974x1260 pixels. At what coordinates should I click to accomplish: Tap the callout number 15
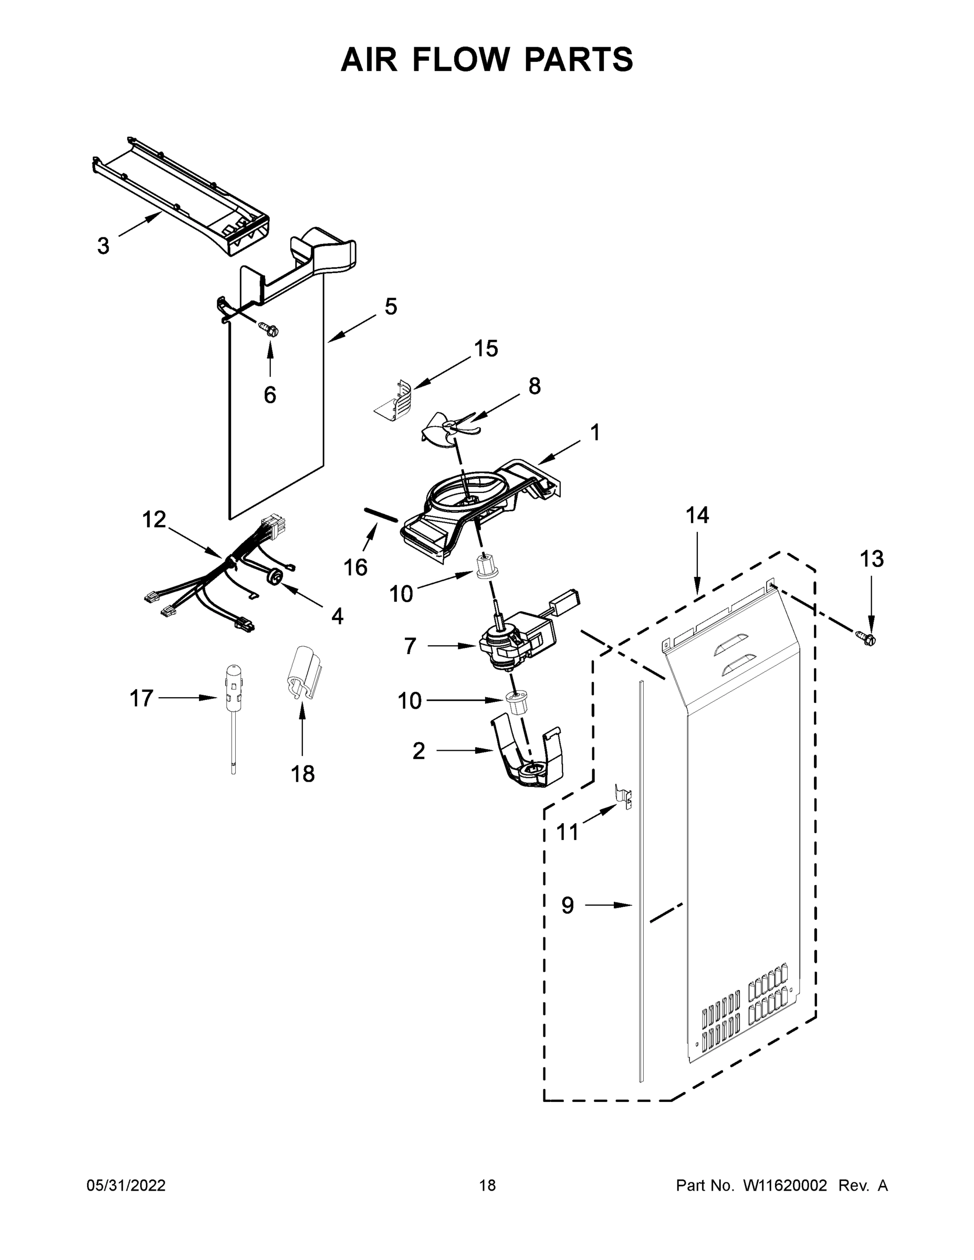click(x=485, y=349)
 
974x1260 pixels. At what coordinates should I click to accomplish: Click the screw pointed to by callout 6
click(x=269, y=329)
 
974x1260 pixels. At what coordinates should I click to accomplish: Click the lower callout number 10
click(x=409, y=701)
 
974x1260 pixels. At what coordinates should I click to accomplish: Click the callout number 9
click(x=568, y=905)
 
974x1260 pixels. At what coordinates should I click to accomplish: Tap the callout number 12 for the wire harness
click(x=154, y=519)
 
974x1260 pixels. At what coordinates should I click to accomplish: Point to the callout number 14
click(x=697, y=514)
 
